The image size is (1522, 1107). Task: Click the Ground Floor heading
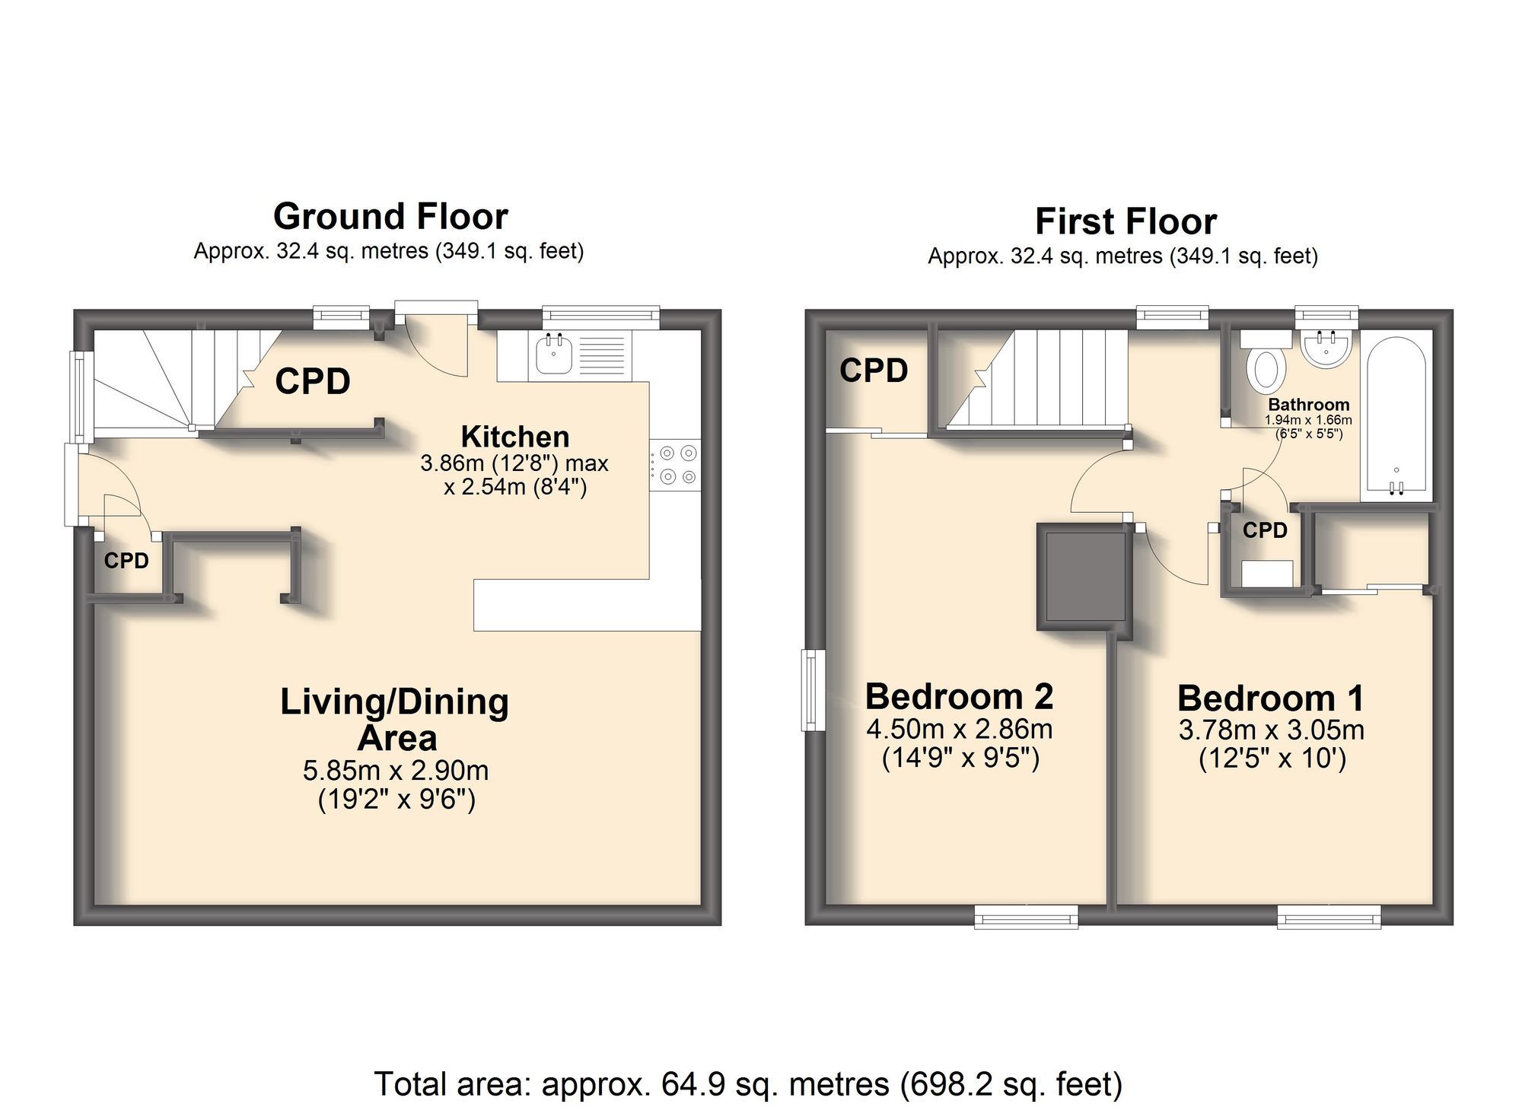coord(390,217)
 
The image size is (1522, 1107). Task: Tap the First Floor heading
coord(1126,222)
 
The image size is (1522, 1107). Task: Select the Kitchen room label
coord(515,437)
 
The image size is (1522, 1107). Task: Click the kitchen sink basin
coord(554,355)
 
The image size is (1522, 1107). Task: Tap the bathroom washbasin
coord(1326,349)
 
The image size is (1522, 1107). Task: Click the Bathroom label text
coord(1308,405)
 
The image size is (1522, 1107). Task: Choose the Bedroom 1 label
coord(1270,698)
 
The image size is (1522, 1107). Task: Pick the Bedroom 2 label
coord(959,696)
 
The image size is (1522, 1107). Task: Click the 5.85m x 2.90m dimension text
coord(396,771)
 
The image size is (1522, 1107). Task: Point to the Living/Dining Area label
coord(395,719)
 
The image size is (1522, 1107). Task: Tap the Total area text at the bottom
coord(748,1083)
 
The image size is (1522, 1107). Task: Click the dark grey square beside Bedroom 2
coord(1084,577)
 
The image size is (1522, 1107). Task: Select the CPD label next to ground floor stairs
coord(313,381)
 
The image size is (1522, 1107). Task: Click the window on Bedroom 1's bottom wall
coord(1329,917)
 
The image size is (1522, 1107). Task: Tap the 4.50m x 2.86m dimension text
coord(959,729)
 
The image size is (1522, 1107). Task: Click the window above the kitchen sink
coord(600,315)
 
